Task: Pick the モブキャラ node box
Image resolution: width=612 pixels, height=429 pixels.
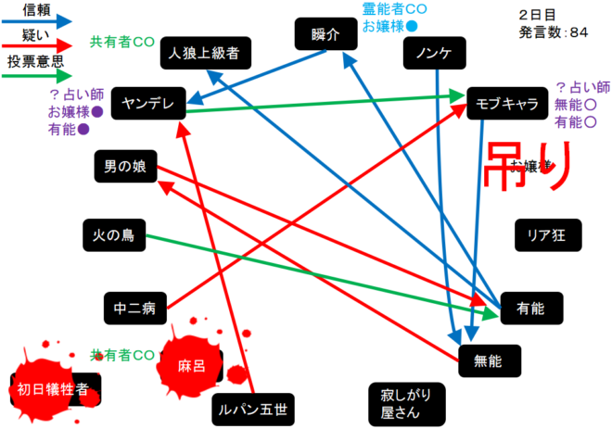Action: tap(506, 104)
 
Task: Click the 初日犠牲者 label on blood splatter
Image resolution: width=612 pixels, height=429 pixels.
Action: tap(54, 388)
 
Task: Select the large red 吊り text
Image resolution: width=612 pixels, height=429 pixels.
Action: tap(525, 167)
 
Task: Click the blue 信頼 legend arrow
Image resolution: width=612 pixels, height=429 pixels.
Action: tap(37, 19)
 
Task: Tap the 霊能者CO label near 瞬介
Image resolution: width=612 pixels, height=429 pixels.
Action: tap(394, 8)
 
